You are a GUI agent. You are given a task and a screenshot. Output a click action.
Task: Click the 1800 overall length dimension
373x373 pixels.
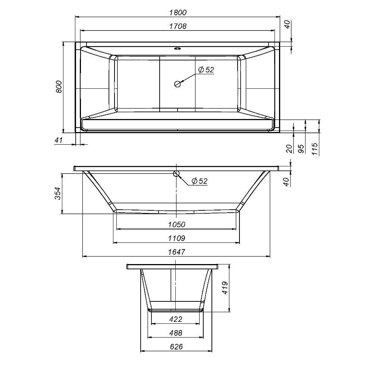coord(178,12)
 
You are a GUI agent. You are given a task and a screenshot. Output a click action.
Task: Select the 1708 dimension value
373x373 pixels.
coord(178,26)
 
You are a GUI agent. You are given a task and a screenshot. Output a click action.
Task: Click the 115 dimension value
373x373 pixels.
coord(315,149)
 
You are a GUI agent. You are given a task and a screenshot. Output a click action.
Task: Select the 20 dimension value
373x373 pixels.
coord(288,149)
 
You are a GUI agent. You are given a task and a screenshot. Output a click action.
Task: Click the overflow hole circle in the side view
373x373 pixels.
coord(177,173)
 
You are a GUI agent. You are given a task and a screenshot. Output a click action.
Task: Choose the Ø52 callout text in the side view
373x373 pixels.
coord(199,181)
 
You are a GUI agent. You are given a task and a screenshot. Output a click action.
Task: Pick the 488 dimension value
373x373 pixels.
coord(176,333)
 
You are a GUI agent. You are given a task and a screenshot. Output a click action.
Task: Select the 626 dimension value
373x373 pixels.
coord(176,347)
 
